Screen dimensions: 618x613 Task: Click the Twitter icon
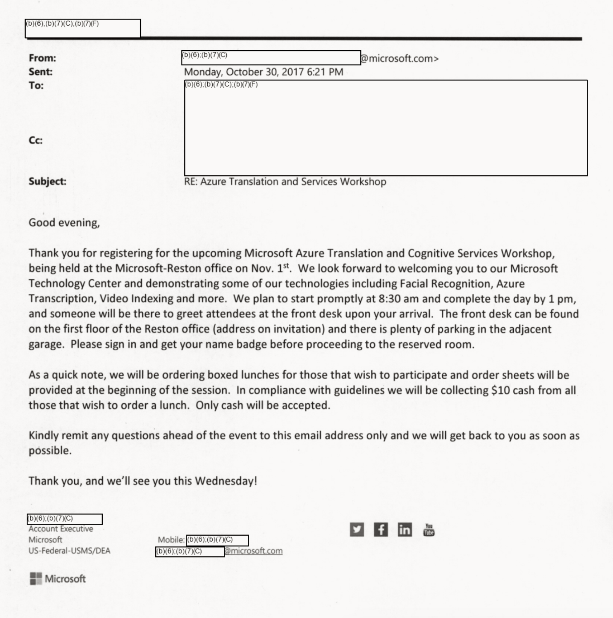(x=357, y=530)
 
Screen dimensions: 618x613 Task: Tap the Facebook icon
(x=381, y=530)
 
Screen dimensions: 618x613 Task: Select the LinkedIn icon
(x=404, y=530)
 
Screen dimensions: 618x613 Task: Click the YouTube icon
(x=429, y=530)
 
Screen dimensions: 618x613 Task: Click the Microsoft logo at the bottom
(x=58, y=578)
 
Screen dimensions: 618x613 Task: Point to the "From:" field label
(x=42, y=58)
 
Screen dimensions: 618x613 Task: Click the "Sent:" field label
(x=40, y=72)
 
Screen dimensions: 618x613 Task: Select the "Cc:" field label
(x=36, y=140)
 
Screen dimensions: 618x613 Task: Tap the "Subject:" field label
(x=47, y=181)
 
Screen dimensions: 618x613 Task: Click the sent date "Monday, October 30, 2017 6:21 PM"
(x=263, y=72)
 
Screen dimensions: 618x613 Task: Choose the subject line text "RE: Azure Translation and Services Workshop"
(x=285, y=181)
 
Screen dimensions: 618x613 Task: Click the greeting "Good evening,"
(x=64, y=223)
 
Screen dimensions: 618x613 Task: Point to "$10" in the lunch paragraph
(x=500, y=390)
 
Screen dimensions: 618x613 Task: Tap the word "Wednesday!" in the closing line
(x=226, y=481)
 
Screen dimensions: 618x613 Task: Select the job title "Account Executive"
(x=61, y=529)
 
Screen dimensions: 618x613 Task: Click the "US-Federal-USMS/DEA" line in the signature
(x=69, y=550)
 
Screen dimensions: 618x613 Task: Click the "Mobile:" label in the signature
(x=171, y=540)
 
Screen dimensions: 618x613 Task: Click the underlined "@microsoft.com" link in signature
(x=254, y=551)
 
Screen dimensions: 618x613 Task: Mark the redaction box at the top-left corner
(x=83, y=28)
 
